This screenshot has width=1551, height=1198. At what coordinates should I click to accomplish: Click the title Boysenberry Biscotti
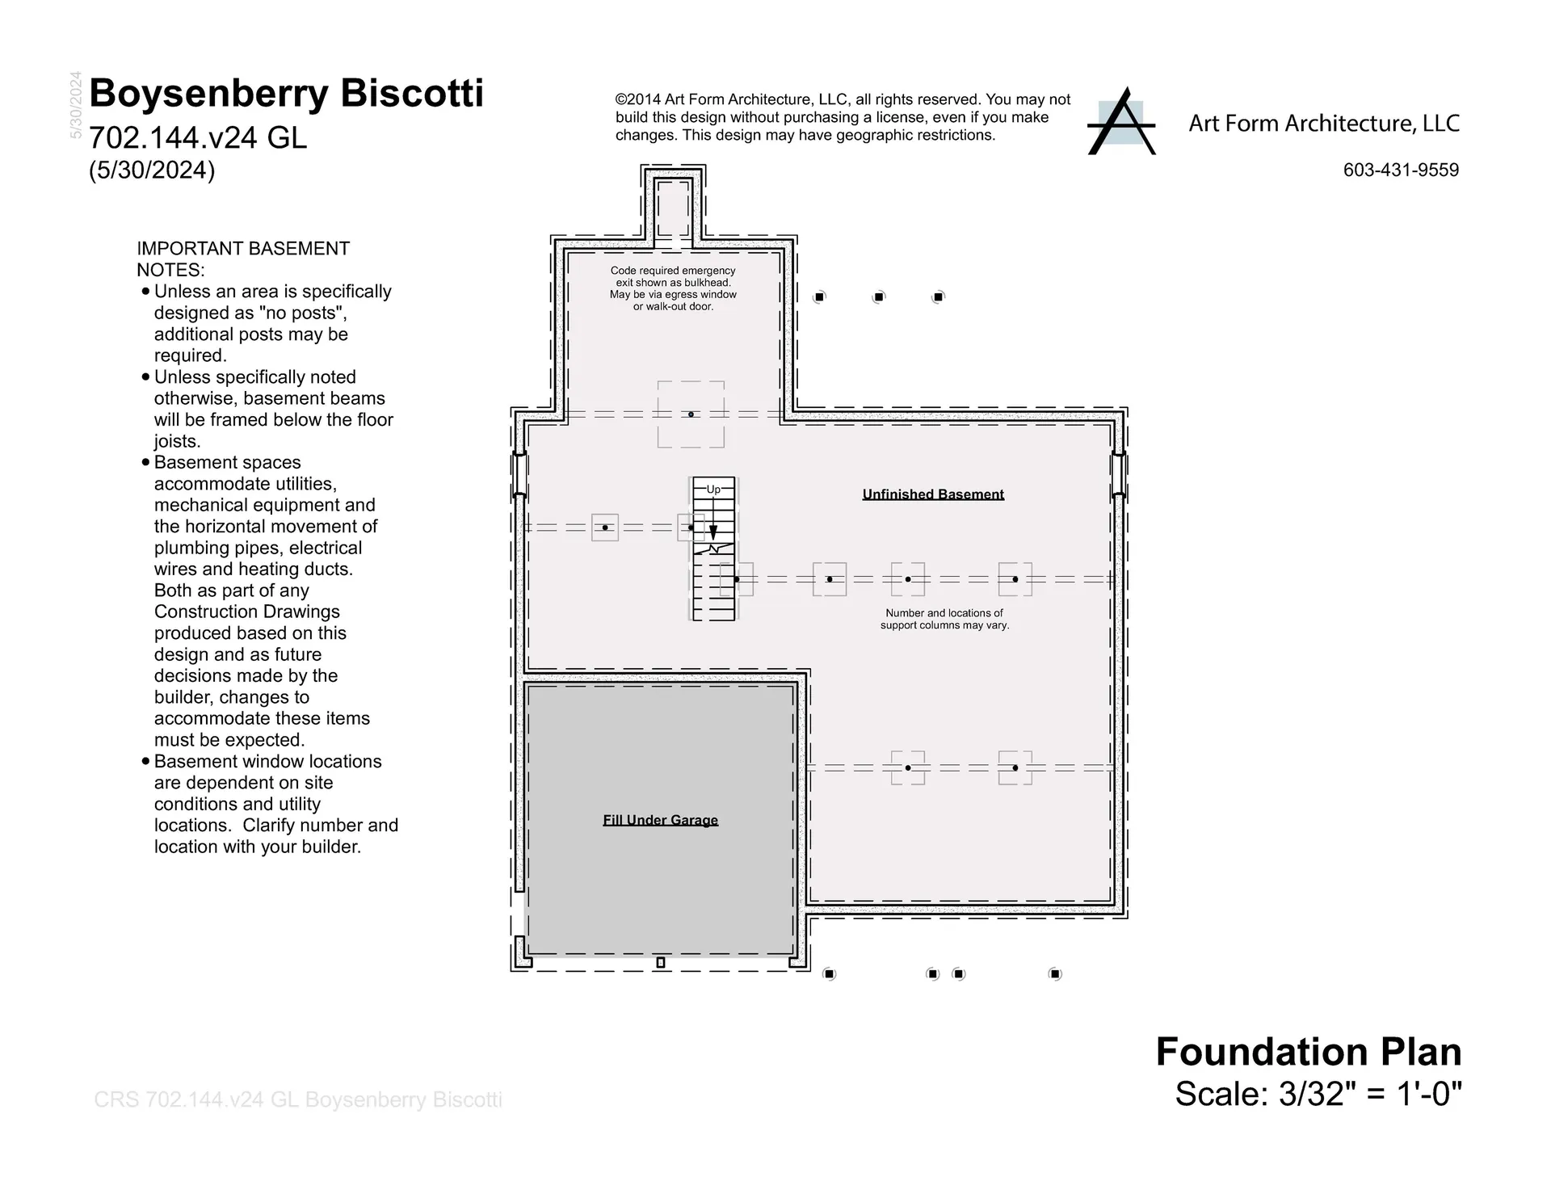point(287,94)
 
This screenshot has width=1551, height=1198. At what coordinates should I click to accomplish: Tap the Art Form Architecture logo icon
point(1122,121)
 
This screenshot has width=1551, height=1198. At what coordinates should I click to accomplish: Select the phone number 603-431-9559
point(1401,170)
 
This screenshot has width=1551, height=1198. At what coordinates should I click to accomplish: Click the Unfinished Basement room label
point(933,494)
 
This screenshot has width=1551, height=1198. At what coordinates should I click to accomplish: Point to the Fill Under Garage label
point(660,820)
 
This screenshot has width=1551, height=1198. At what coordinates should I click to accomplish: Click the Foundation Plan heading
point(1309,1052)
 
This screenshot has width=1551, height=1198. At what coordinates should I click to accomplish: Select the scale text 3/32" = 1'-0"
point(1371,1094)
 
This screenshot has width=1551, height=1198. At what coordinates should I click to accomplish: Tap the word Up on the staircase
point(713,490)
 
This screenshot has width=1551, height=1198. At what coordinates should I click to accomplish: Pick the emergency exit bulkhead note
point(673,288)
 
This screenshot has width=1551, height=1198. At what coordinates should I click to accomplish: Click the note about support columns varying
point(944,619)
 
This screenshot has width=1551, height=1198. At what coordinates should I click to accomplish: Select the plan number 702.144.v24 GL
point(198,138)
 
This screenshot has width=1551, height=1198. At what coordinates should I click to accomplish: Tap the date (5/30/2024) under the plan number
point(152,170)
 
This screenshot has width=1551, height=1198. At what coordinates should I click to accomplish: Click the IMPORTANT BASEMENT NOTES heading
point(243,259)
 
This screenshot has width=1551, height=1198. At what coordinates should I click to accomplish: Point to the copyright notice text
point(843,117)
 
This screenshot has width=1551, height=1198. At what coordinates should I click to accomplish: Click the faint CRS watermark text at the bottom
point(298,1099)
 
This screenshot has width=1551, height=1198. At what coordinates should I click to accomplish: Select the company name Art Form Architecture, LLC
point(1324,124)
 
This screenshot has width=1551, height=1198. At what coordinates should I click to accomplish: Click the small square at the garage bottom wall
point(660,962)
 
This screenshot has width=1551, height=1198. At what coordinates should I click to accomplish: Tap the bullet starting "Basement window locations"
point(270,804)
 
